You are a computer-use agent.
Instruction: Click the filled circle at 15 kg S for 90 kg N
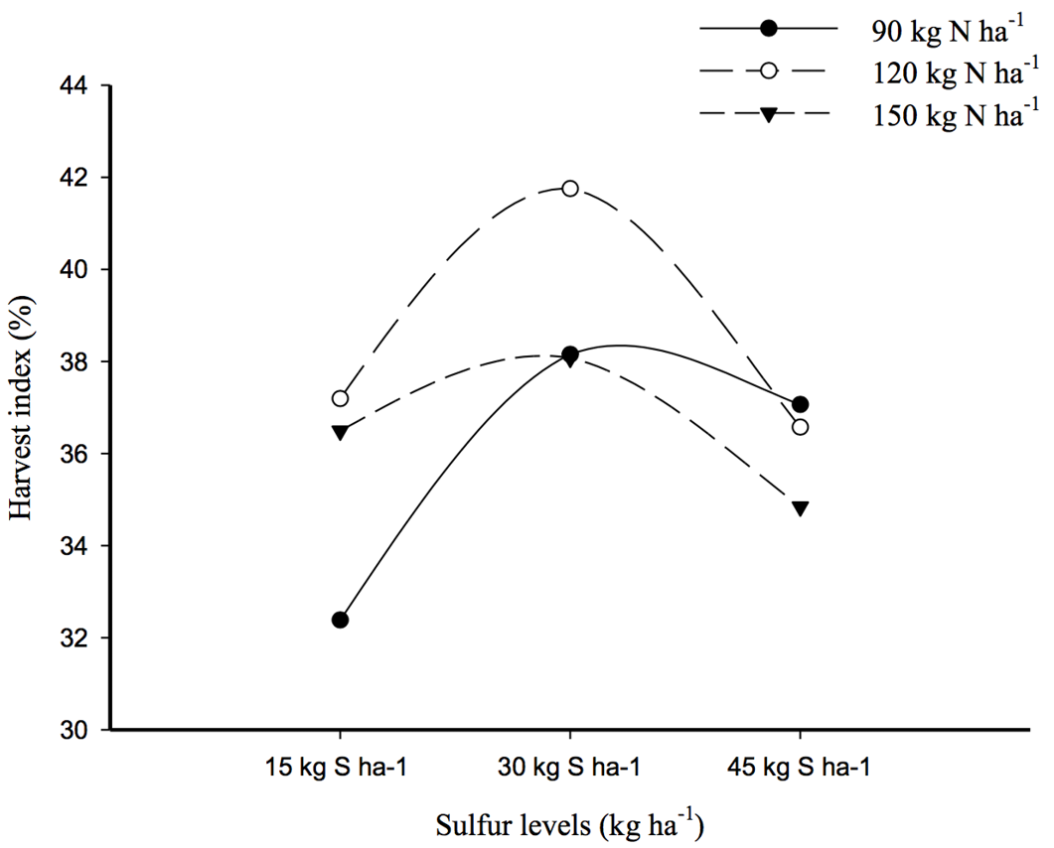(x=340, y=620)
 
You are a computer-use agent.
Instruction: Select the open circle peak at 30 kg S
(x=570, y=188)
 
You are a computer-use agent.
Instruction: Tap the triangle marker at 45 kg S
(x=800, y=508)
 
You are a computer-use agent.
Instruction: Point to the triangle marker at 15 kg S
(x=340, y=432)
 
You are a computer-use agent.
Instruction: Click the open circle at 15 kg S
(x=340, y=398)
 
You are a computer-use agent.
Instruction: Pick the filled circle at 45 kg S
(x=800, y=404)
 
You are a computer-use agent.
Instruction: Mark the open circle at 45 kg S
(x=800, y=427)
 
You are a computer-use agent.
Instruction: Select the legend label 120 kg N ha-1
(x=949, y=71)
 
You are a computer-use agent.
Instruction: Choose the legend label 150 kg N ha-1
(x=949, y=114)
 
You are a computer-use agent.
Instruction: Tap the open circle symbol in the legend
(x=769, y=71)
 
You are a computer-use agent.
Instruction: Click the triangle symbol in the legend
(x=769, y=114)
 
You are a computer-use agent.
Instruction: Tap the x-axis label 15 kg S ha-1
(x=336, y=767)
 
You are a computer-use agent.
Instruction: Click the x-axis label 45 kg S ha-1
(x=799, y=767)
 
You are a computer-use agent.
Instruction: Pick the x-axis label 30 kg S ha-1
(x=568, y=767)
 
